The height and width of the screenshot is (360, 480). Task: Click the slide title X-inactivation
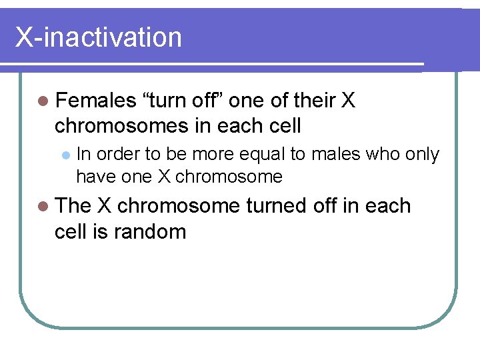pos(99,37)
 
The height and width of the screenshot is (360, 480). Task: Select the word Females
pos(95,101)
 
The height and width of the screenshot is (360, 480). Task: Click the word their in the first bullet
pos(310,101)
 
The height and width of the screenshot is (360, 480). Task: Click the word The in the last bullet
pos(74,206)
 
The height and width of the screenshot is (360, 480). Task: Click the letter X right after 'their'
pos(348,101)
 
